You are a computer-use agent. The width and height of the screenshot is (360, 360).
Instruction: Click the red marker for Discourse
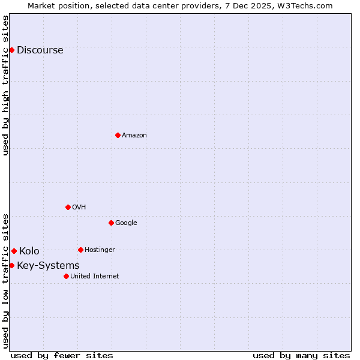[11, 50]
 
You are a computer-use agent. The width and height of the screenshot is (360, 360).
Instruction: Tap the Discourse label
[40, 50]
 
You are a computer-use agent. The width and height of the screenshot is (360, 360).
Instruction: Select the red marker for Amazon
[118, 135]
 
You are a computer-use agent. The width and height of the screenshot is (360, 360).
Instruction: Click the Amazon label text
[134, 136]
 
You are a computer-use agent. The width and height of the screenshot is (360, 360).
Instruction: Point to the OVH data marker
[68, 207]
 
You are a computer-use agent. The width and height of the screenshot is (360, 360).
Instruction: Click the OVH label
[79, 208]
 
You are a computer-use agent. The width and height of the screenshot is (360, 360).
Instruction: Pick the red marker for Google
[111, 223]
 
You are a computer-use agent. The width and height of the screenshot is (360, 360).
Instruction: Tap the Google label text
[126, 223]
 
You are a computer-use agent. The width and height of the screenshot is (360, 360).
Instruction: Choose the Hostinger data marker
[80, 250]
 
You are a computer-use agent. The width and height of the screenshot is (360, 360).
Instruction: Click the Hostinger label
[100, 250]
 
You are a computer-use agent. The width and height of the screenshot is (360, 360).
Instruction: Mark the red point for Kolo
[14, 251]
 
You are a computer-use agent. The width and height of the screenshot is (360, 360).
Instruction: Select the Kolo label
[29, 251]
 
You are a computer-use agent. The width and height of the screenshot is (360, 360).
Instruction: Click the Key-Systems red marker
[11, 265]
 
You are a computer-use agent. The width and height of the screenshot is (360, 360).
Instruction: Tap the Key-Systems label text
[48, 266]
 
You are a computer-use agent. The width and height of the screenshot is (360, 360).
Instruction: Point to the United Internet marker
[66, 276]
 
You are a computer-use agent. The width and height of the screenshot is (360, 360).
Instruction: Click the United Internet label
[94, 277]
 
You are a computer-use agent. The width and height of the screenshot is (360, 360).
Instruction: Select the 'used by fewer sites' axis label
[62, 355]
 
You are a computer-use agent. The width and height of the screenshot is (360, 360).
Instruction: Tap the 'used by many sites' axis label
[301, 355]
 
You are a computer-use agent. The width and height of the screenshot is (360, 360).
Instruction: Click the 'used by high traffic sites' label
[6, 85]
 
